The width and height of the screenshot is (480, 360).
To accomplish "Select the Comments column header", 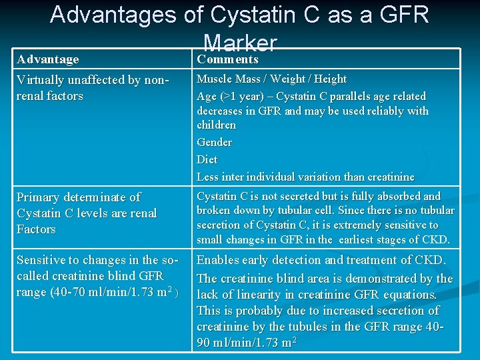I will [x=227, y=59].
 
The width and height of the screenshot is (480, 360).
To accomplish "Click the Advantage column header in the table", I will [x=47, y=59].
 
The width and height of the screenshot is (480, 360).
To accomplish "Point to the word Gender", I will [x=214, y=142].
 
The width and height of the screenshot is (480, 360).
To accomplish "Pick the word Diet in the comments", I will [x=207, y=159].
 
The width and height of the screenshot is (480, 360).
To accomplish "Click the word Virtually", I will [x=41, y=80].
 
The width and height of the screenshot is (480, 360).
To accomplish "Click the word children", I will [x=216, y=125].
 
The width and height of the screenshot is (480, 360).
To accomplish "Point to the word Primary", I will [x=39, y=197].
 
